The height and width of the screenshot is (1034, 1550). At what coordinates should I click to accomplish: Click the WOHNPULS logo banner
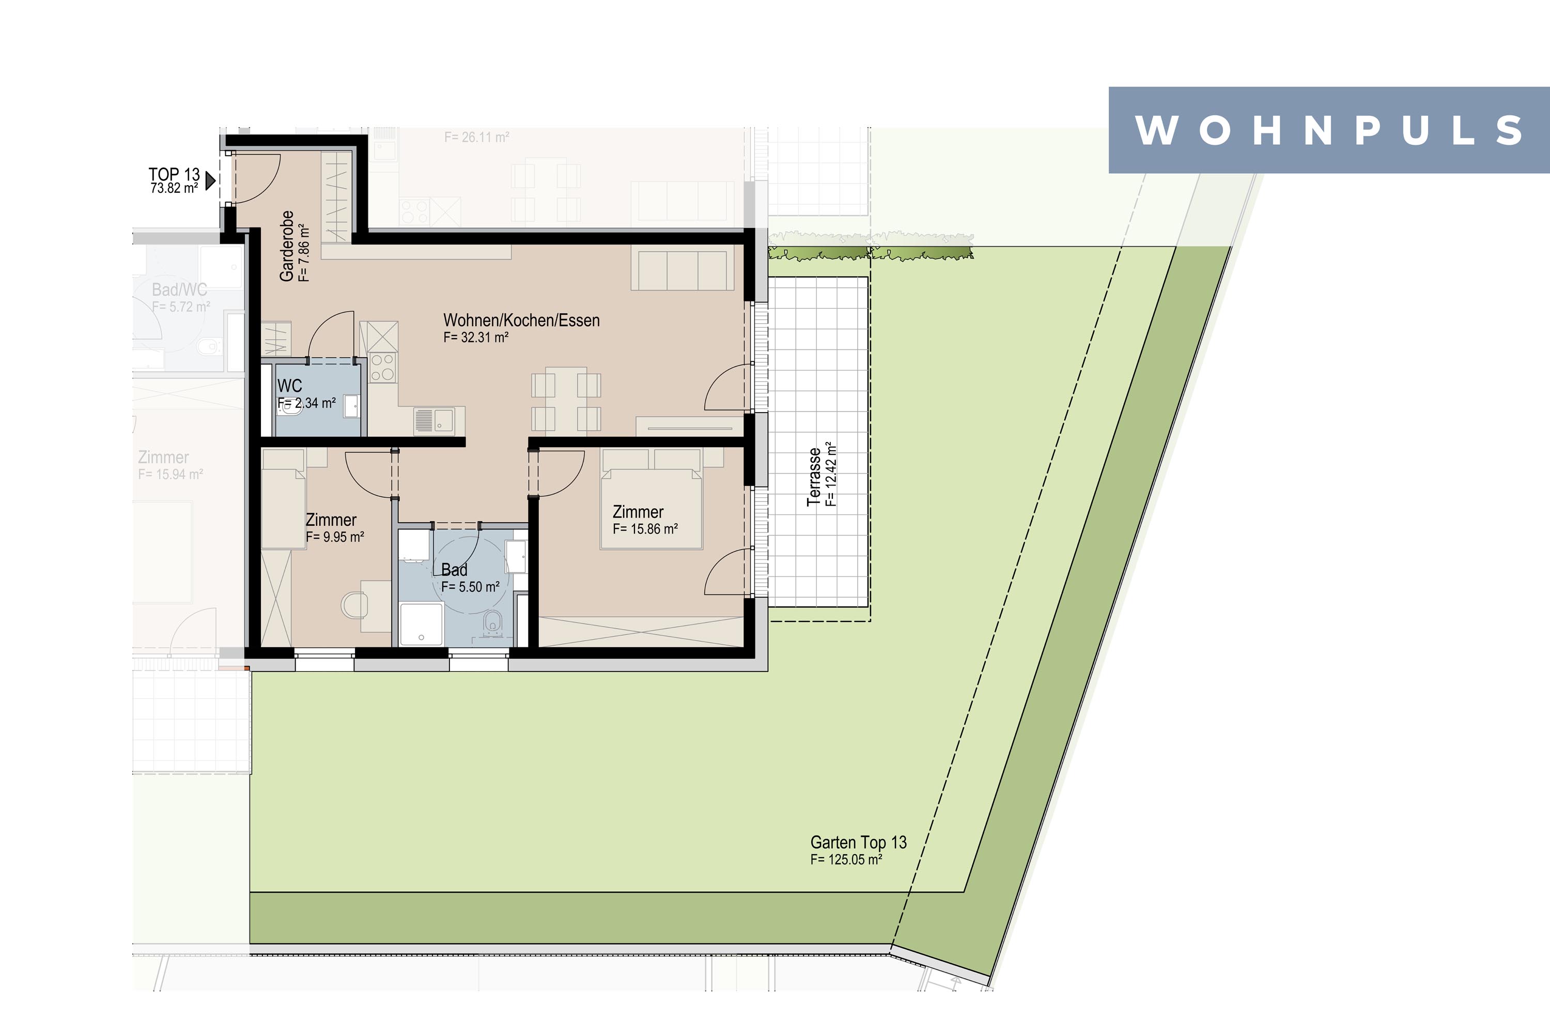(1329, 130)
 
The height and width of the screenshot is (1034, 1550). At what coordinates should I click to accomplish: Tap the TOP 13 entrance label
(174, 174)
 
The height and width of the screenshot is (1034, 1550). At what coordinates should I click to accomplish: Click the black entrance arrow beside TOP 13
(211, 180)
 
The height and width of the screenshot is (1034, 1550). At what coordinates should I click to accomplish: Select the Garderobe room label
(287, 246)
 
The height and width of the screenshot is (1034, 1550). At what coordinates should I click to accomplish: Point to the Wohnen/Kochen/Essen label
(521, 321)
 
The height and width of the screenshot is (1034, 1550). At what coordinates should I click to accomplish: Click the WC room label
(290, 386)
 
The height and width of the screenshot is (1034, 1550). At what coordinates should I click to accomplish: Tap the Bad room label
(454, 570)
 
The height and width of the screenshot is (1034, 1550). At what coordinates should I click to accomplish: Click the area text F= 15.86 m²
(645, 529)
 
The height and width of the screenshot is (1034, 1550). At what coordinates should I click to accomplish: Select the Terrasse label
(815, 477)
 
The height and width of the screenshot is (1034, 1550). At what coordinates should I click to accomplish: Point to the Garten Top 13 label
(858, 843)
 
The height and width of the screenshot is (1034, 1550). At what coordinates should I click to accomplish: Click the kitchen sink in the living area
(433, 421)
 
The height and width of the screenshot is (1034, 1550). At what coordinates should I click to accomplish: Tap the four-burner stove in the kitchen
(382, 367)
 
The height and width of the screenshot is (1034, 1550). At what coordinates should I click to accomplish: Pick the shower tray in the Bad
(421, 623)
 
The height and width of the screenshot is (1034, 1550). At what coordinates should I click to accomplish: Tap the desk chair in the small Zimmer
(354, 605)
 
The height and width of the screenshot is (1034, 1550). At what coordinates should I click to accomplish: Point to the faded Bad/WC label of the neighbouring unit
(179, 290)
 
